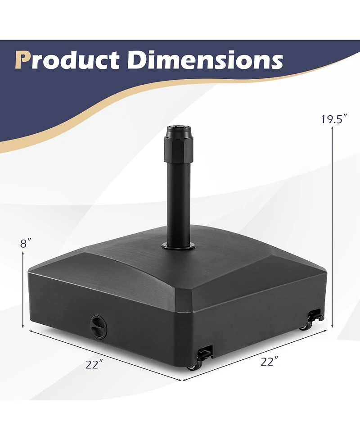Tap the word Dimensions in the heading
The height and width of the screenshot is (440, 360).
205,60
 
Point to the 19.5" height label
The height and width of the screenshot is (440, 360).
334,119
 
